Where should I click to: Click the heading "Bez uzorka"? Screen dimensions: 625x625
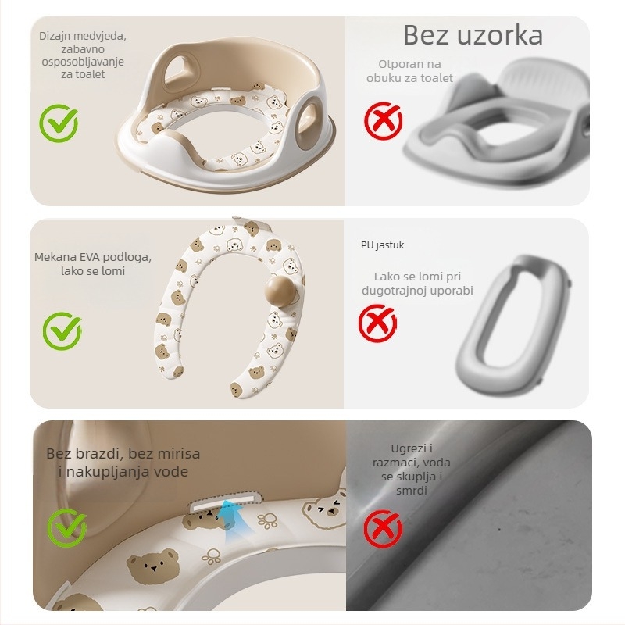point(473,35)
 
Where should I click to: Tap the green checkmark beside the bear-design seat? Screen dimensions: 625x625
point(59,123)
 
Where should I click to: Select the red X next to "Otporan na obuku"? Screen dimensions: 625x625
point(383,121)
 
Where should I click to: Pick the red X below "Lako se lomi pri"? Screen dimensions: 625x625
point(377,322)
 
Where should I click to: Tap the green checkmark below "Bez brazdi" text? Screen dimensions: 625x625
point(66,527)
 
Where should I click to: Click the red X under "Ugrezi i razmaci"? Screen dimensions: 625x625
point(383,530)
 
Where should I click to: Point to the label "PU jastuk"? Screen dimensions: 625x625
point(382,245)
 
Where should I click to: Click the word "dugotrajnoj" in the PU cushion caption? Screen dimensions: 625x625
point(395,291)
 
